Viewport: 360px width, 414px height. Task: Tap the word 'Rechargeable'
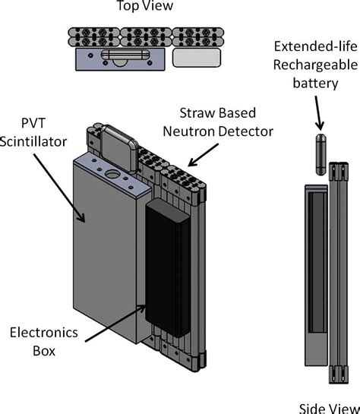click(310, 64)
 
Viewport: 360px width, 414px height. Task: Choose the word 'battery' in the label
click(310, 84)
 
